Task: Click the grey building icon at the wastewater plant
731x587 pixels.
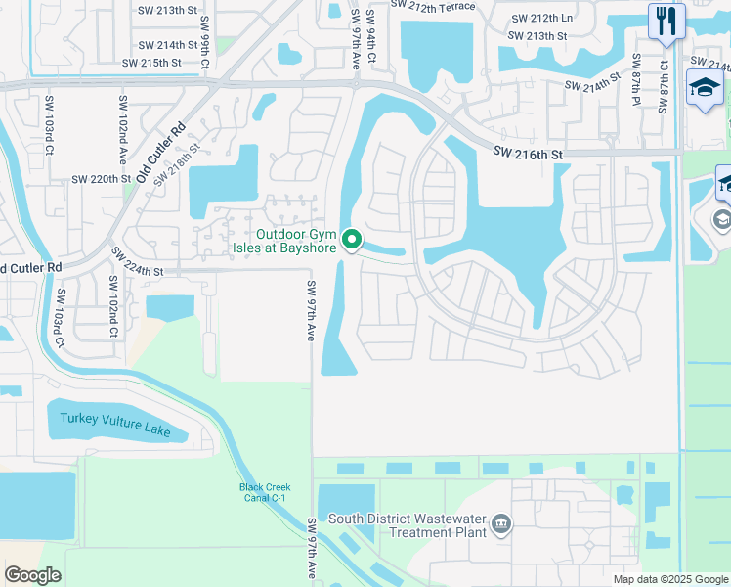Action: click(x=501, y=525)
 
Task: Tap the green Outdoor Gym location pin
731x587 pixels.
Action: click(x=355, y=240)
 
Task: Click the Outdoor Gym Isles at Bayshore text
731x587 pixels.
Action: click(x=297, y=241)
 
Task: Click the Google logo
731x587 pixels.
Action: click(x=32, y=575)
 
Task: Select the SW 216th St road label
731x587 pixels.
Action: click(x=529, y=153)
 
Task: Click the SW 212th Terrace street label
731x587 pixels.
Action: click(x=433, y=6)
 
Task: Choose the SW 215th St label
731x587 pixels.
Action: click(x=152, y=63)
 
